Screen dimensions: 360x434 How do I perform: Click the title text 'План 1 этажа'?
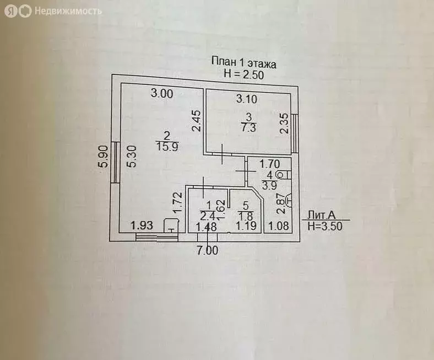244,62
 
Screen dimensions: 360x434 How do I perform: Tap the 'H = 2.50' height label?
244,73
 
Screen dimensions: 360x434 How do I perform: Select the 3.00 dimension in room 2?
162,94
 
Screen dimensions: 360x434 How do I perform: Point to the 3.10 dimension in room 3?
247,99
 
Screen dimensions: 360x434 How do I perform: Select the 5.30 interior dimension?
130,158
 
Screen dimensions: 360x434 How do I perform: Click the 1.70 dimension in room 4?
270,164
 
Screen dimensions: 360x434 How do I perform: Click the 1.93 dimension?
141,225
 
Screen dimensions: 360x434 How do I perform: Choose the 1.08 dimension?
278,225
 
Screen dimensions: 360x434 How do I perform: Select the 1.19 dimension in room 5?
246,225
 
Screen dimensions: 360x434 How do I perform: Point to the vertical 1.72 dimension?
177,203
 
